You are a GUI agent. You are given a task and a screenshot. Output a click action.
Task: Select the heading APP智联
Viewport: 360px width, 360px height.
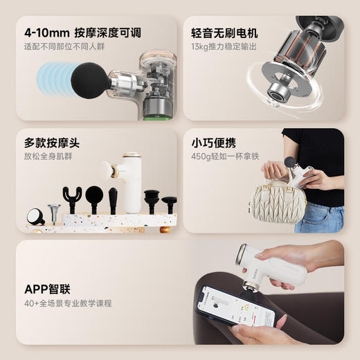pos(47,289)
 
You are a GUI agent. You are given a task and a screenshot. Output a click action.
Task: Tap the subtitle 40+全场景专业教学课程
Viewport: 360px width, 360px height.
pos(68,303)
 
